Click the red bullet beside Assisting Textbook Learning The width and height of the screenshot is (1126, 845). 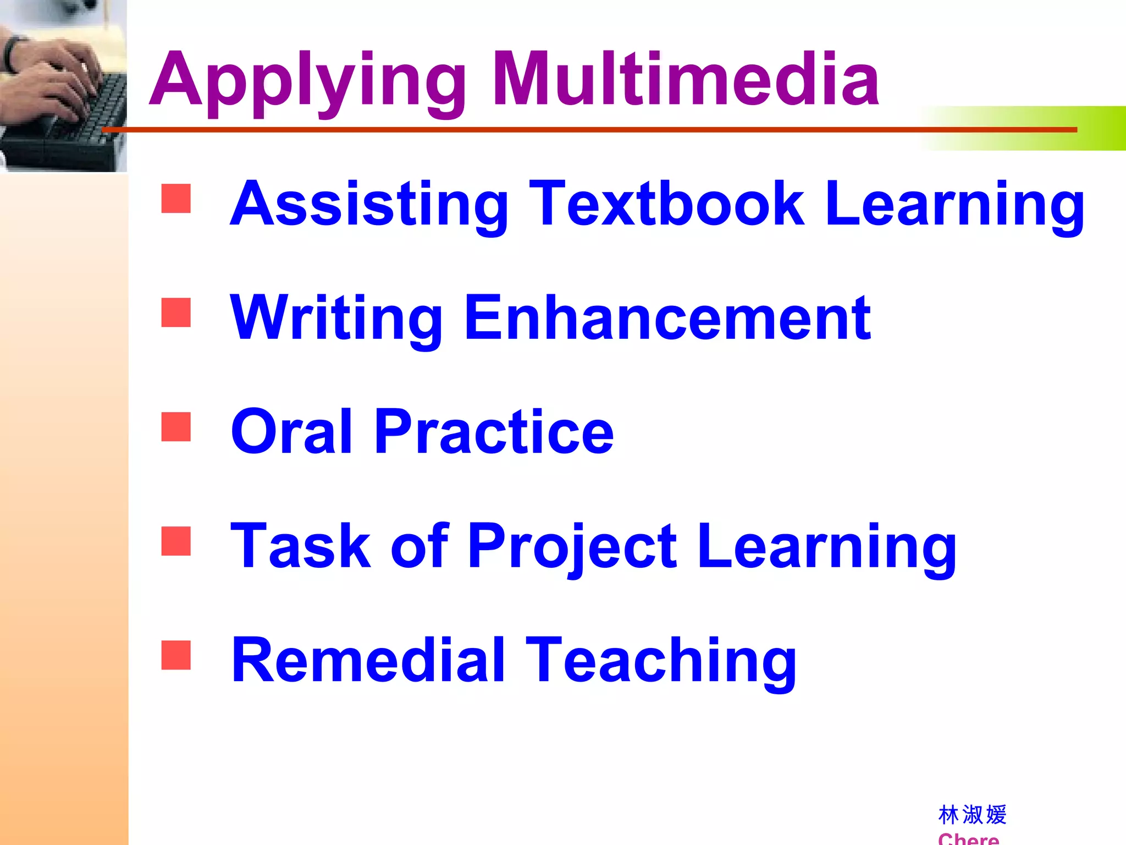176,198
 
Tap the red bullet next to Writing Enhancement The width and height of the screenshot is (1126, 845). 176,312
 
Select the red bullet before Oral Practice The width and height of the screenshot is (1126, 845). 176,427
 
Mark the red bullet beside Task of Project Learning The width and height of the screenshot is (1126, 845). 176,541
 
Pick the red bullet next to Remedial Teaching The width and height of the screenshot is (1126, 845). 176,655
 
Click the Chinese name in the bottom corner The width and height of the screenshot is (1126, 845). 972,815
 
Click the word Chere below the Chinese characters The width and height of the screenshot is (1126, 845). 968,838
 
